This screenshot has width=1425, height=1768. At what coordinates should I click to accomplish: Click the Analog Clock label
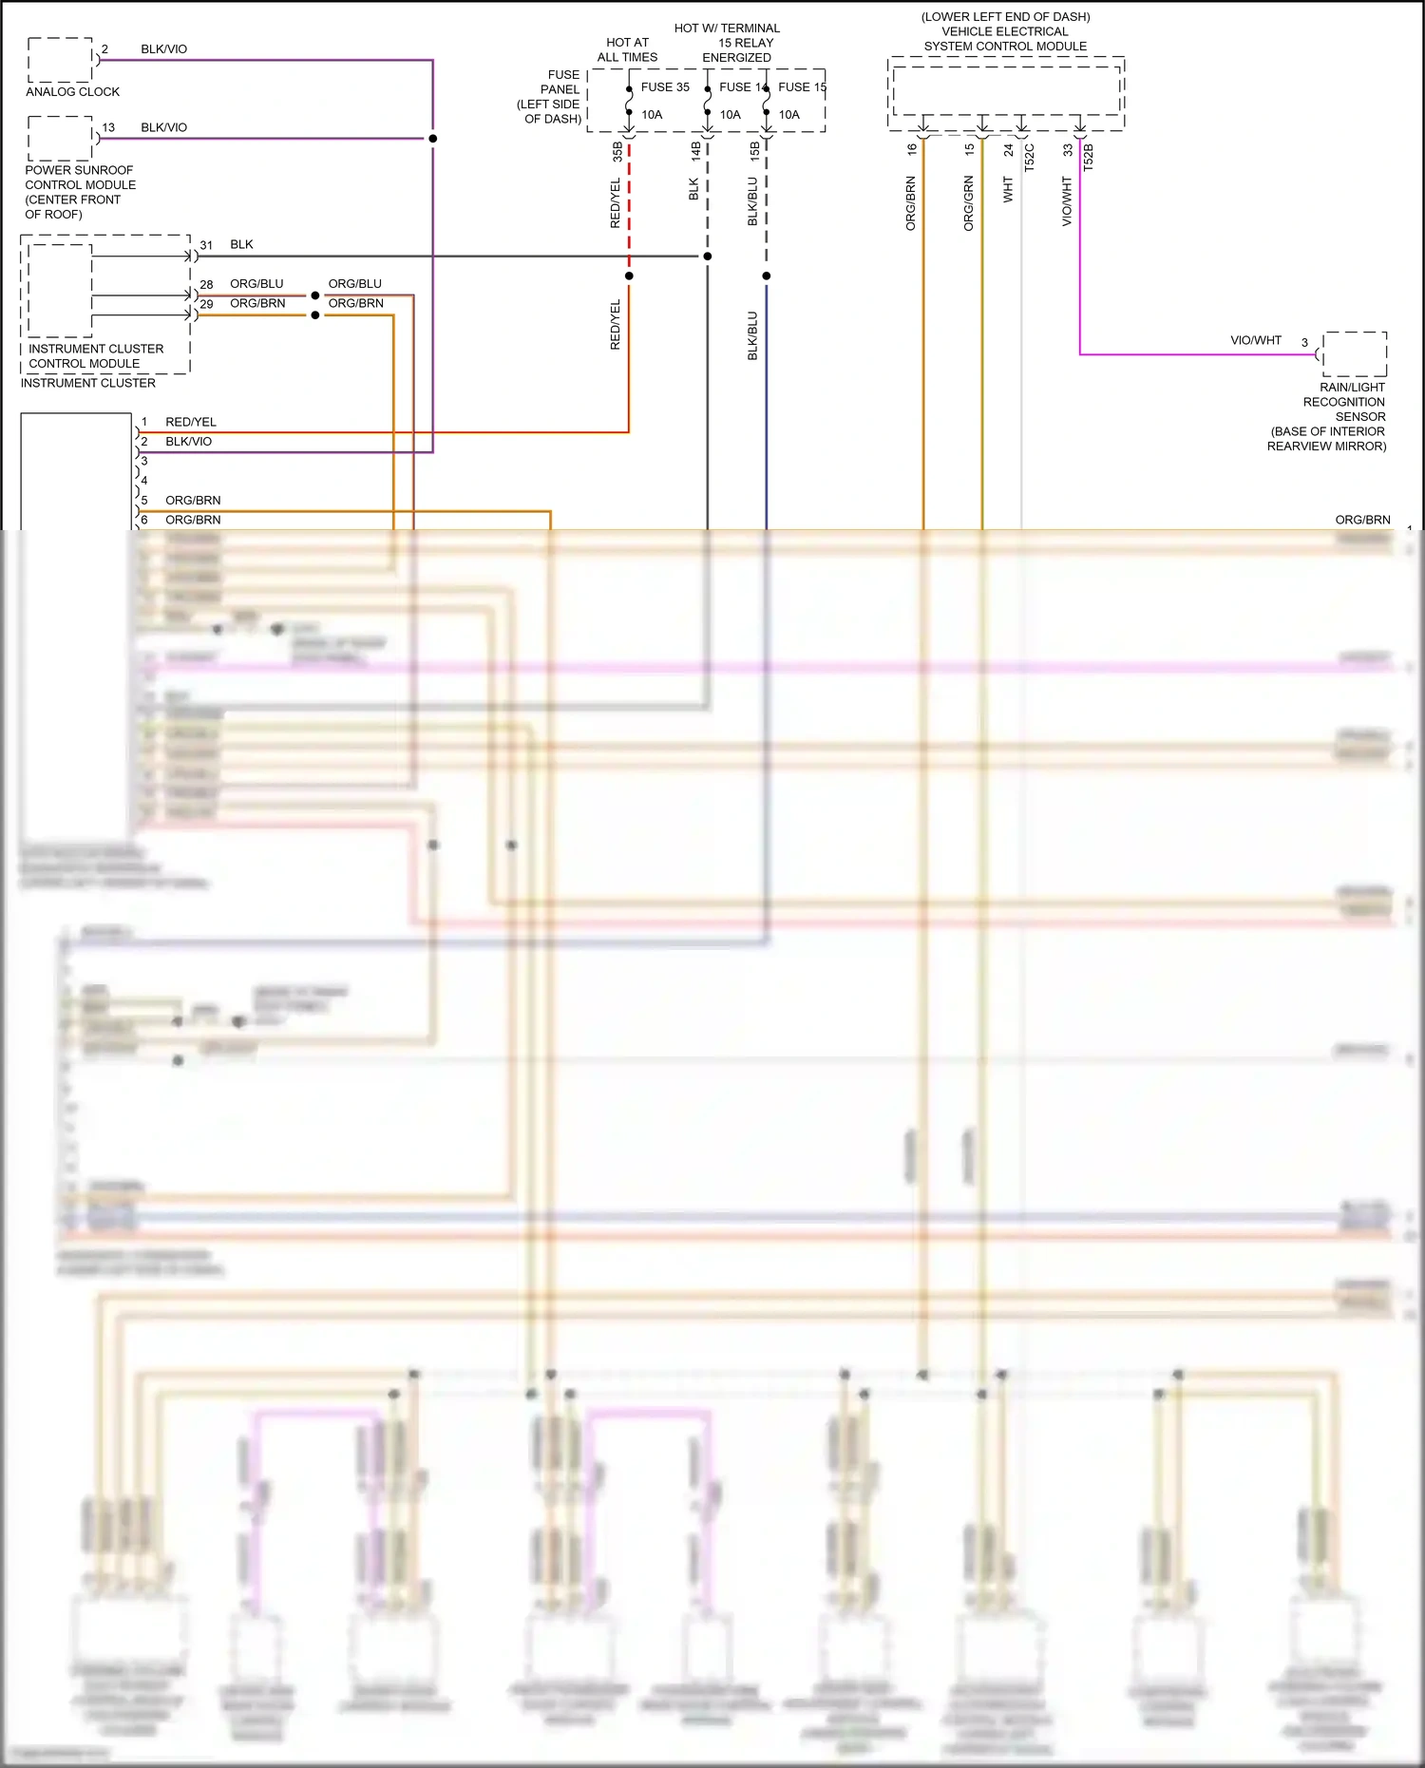[72, 92]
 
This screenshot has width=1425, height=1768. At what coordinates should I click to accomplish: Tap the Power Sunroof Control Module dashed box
[60, 138]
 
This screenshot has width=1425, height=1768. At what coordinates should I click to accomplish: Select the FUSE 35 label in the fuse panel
[665, 87]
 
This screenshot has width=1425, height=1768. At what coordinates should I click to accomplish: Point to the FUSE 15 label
[802, 87]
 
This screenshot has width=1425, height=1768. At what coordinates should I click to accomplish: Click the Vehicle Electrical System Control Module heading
[1005, 31]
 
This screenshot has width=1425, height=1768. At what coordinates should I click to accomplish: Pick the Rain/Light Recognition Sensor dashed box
[1355, 354]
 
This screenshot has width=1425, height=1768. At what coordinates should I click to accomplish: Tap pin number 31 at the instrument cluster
[206, 245]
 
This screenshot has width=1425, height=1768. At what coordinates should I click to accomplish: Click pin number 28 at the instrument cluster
[206, 285]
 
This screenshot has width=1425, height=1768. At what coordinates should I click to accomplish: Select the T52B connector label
[1089, 157]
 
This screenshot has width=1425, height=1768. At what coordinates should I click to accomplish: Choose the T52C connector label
[1030, 157]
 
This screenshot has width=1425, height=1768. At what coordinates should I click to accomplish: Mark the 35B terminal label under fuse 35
[617, 151]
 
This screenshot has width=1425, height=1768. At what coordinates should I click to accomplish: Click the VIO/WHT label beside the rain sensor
[1256, 340]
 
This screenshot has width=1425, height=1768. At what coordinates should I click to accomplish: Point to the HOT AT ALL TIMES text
[627, 50]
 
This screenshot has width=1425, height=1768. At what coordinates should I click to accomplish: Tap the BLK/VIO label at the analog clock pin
[163, 49]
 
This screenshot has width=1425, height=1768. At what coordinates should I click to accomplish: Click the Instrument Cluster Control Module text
[95, 356]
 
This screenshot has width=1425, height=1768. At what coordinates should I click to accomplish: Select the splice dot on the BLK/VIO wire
[433, 139]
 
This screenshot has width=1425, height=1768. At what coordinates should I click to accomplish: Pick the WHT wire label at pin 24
[1009, 190]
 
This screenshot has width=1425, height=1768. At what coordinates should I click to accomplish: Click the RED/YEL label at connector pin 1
[191, 422]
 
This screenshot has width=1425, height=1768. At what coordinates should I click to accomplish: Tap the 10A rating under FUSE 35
[652, 115]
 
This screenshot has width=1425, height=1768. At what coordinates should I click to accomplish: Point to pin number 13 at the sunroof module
[108, 127]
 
